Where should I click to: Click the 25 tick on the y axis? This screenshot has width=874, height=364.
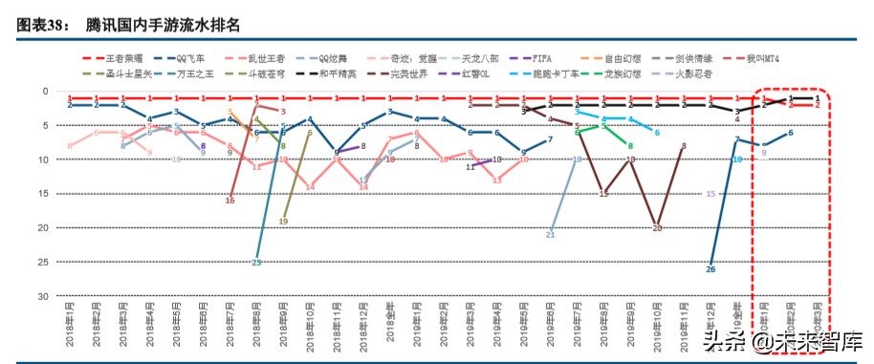point(43,262)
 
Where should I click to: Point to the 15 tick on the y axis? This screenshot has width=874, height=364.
point(43,194)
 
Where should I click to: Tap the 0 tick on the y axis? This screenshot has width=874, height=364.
point(46,91)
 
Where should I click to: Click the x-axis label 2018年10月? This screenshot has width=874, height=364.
point(311,329)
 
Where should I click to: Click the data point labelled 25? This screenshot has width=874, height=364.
point(256,262)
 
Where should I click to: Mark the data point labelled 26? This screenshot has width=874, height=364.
point(710,268)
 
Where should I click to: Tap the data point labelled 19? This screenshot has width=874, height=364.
point(283,221)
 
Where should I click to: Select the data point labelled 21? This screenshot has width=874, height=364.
point(551,234)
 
